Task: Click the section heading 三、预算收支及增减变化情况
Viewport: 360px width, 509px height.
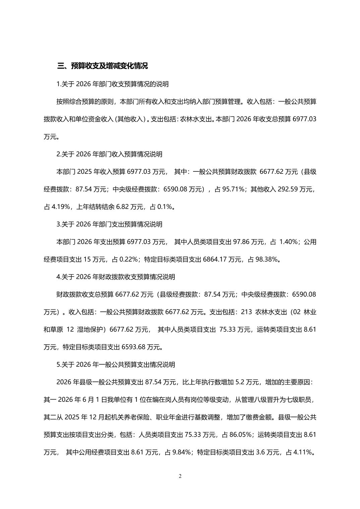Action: click(103, 66)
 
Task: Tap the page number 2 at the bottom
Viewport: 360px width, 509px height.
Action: click(180, 476)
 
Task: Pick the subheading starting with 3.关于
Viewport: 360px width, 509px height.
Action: click(110, 224)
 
